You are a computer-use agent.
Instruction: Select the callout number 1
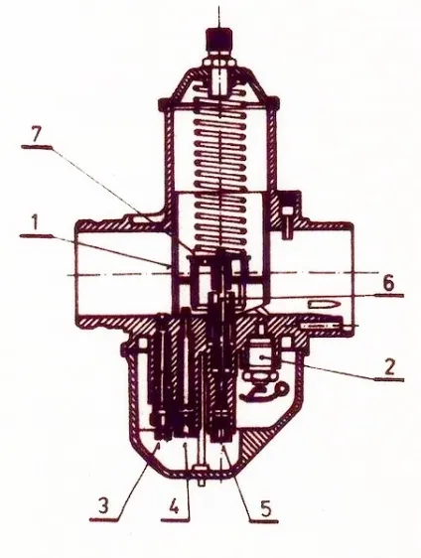[x=34, y=225]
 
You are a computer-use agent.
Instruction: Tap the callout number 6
[x=388, y=284]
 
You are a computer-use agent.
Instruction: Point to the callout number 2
[x=389, y=367]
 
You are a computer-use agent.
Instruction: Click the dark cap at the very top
[x=219, y=41]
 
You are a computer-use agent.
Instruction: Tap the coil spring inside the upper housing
[x=220, y=178]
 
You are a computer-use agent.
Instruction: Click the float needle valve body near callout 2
[x=262, y=358]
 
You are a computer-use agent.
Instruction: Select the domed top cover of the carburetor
[x=219, y=85]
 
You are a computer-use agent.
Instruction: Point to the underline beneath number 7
[x=37, y=147]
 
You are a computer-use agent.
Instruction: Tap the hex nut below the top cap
[x=219, y=62]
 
